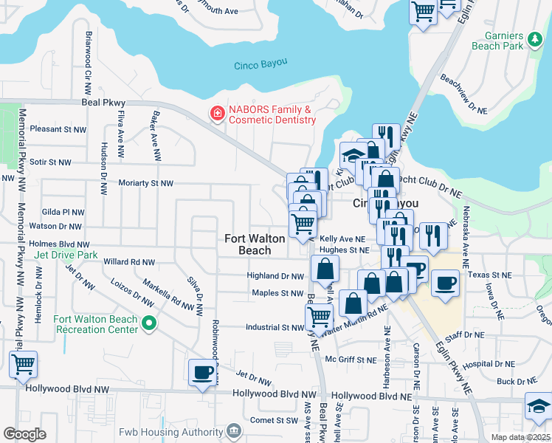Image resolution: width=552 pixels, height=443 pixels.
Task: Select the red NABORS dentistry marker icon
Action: tap(218, 114)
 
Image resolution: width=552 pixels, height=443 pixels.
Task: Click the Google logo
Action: tap(24, 433)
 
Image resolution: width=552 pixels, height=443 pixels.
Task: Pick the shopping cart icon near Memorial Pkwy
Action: tap(23, 364)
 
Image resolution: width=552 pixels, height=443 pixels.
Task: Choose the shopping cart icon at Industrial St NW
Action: tap(318, 316)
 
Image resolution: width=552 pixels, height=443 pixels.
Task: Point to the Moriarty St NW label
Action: tap(145, 183)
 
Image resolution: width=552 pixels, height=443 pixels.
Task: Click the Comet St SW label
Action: tap(274, 421)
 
